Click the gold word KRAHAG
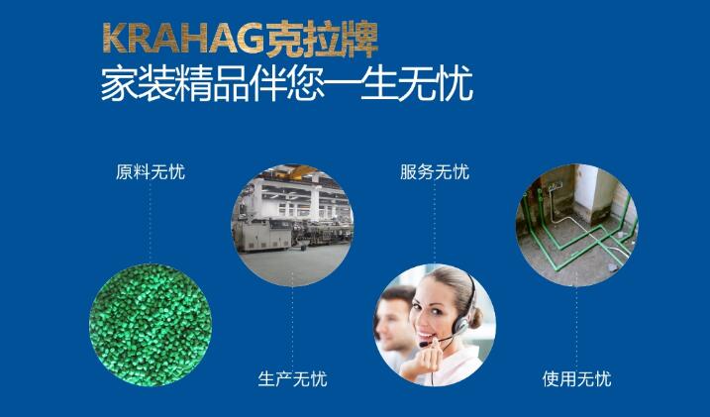tap(183, 39)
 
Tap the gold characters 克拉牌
tap(322, 39)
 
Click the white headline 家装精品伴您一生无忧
tap(286, 84)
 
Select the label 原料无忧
tap(151, 172)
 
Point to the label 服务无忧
tap(435, 172)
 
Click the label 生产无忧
tap(292, 379)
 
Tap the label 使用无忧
tap(577, 379)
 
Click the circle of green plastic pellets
tap(151, 325)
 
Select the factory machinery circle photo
tap(292, 225)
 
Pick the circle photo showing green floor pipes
tap(577, 225)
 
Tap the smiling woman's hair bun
tap(475, 318)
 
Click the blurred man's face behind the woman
tap(393, 318)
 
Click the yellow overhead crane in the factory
tap(297, 171)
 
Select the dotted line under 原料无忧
tap(151, 223)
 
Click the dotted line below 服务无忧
tap(435, 223)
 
